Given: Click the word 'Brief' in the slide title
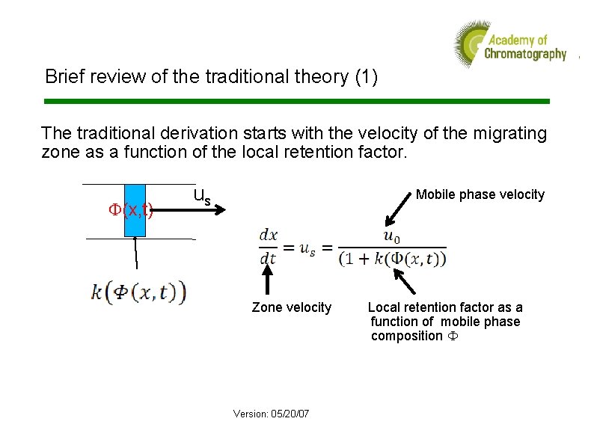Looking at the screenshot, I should (x=62, y=76).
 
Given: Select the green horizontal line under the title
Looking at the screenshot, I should (x=297, y=101).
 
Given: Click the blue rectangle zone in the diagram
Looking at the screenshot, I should (x=135, y=210).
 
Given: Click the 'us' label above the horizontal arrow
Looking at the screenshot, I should (x=201, y=197).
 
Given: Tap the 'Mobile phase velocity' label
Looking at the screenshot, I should (x=480, y=194).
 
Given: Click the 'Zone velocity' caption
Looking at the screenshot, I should (x=291, y=307).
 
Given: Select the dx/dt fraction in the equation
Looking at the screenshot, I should (x=268, y=247).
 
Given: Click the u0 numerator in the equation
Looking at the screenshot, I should (x=391, y=236).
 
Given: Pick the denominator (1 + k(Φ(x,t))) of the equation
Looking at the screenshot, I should (x=391, y=260).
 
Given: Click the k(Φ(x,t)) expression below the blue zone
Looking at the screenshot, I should (x=138, y=291).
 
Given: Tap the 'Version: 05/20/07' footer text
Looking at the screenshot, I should (x=271, y=414).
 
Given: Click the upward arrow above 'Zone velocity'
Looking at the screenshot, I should (x=268, y=282).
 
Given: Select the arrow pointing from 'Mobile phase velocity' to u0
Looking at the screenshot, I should (x=397, y=212).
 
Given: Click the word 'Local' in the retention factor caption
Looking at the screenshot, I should (x=384, y=307).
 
